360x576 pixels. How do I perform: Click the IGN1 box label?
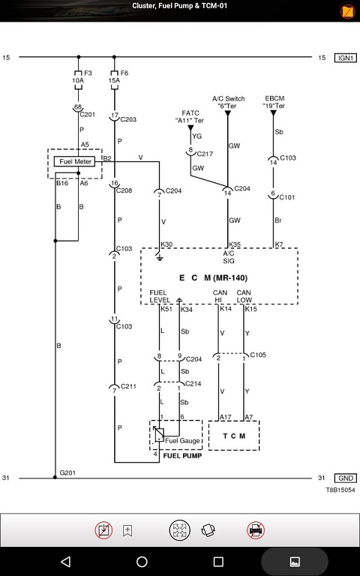[345, 58]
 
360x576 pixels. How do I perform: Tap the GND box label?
[345, 478]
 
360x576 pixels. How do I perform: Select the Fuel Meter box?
[74, 162]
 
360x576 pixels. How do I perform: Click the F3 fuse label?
[88, 73]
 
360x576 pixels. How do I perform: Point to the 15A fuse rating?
[114, 80]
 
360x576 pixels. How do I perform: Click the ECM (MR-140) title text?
[214, 277]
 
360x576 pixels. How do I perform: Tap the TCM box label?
[234, 436]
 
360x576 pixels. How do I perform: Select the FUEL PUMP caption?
[182, 455]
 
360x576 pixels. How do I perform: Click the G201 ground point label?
[67, 472]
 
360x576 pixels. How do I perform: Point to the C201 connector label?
[88, 114]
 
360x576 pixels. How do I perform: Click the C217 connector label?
[205, 154]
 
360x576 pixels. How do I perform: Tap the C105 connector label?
[258, 355]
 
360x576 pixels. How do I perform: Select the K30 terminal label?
[166, 244]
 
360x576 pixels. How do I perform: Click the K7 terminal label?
[279, 244]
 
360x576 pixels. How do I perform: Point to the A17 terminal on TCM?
[226, 417]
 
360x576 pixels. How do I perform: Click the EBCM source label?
[274, 98]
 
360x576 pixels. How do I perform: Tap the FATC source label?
[190, 113]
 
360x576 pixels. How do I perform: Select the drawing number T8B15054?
[340, 490]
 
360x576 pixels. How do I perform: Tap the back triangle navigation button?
[65, 561]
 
